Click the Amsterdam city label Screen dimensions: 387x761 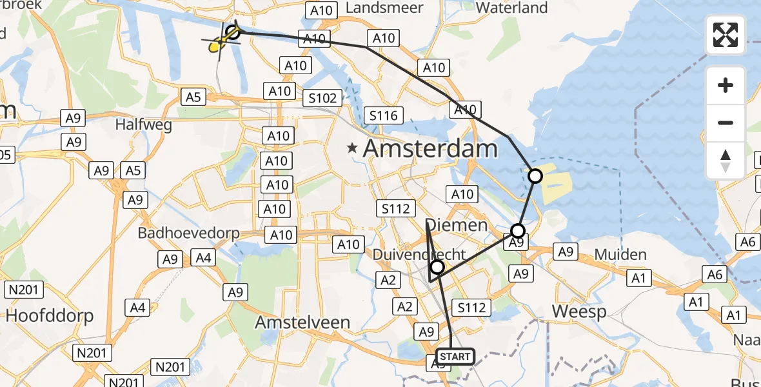click(x=430, y=149)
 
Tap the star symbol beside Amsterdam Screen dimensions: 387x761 click(x=352, y=148)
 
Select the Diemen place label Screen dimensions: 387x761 click(x=457, y=225)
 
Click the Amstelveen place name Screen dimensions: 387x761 click(x=302, y=322)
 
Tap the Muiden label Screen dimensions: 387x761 click(x=620, y=255)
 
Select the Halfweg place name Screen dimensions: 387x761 click(x=143, y=124)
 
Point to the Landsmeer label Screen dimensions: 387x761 click(x=384, y=8)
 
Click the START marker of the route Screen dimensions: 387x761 click(x=455, y=356)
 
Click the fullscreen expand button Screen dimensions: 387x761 click(x=726, y=35)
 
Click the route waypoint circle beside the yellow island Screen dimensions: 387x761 click(x=535, y=175)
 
